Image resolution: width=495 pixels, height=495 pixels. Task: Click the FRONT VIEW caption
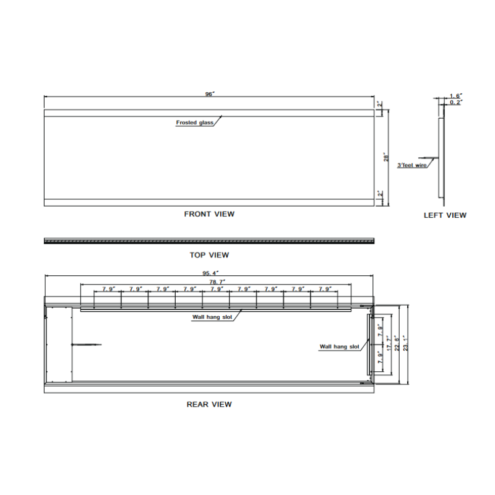[x=209, y=214]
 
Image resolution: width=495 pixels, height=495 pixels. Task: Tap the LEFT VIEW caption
[x=445, y=215]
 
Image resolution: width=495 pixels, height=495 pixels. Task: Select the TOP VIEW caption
[x=209, y=255]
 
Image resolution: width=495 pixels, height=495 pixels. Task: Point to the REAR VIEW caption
[x=209, y=404]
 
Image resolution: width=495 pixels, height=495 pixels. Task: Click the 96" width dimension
[x=209, y=94]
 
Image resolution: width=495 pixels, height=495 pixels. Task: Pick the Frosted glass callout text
[x=194, y=123]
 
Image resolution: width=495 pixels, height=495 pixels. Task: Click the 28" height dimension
[x=384, y=157]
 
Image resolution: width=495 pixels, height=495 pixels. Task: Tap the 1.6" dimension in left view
[x=455, y=96]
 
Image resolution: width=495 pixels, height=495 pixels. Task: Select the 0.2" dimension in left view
[x=455, y=102]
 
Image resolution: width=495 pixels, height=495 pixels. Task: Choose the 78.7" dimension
[x=216, y=281]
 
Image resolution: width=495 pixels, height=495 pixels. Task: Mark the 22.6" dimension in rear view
[x=397, y=344]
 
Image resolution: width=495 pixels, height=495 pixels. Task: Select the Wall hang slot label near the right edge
[x=339, y=347]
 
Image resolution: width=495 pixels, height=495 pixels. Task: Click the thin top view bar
[x=209, y=241]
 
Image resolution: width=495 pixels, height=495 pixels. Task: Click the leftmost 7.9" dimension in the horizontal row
[x=108, y=289]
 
